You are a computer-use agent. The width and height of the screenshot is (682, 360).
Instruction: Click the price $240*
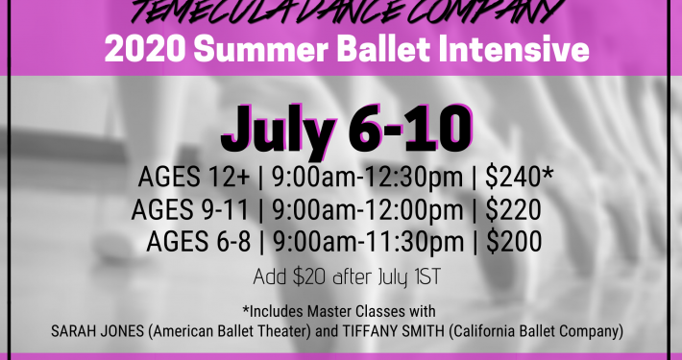(x=520, y=179)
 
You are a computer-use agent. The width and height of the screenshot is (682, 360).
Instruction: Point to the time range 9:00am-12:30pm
(x=369, y=179)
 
